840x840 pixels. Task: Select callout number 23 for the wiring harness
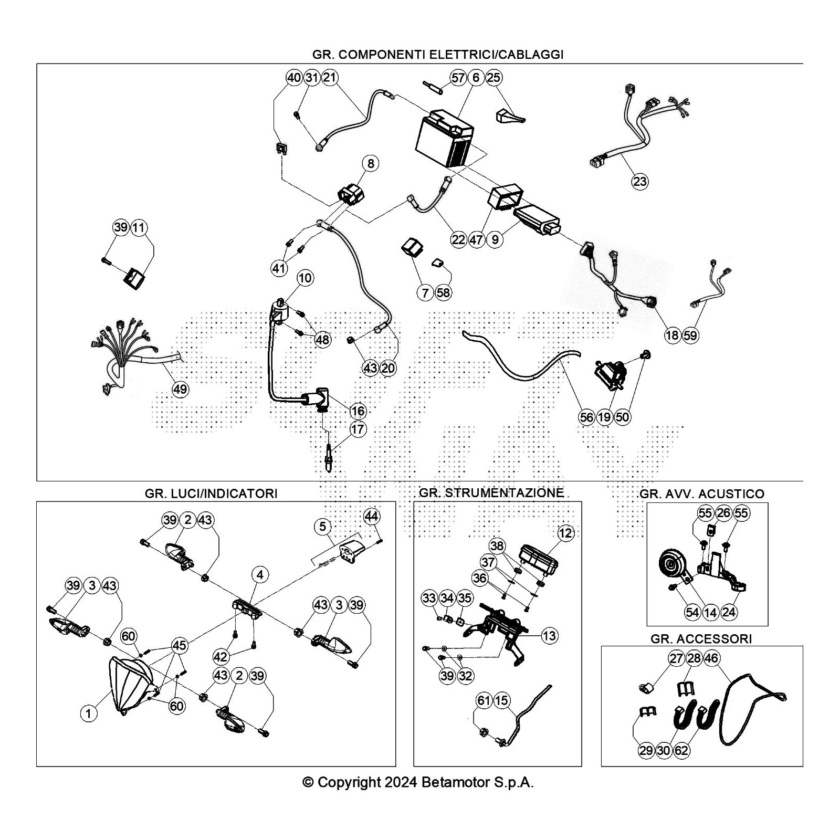click(x=639, y=182)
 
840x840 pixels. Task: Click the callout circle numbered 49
click(x=180, y=389)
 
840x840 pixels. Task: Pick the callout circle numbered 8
click(x=371, y=163)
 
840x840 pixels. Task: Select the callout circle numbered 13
click(x=549, y=636)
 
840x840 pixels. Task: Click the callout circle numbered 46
click(x=711, y=658)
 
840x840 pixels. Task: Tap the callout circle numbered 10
click(x=305, y=278)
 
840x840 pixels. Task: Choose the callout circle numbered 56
click(x=586, y=417)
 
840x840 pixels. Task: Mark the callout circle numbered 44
click(x=371, y=516)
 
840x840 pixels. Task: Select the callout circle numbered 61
click(x=484, y=700)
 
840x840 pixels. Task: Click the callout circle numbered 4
click(x=260, y=575)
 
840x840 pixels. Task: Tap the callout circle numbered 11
click(x=139, y=227)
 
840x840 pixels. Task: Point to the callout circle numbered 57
click(x=458, y=78)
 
